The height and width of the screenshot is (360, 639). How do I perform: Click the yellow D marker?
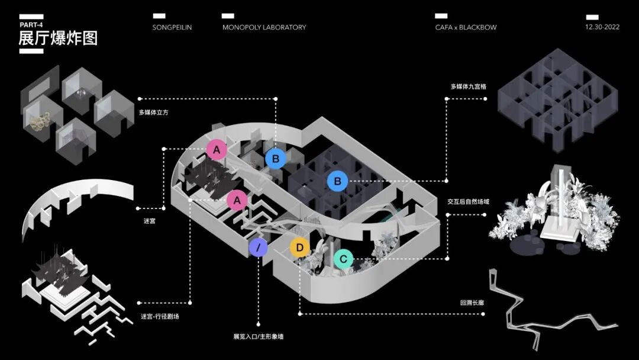pos(300,247)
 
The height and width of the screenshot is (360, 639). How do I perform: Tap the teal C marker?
pos(343,259)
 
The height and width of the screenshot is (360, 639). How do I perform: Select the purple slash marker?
pos(258,247)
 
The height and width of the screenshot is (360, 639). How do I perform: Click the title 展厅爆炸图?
pos(58,38)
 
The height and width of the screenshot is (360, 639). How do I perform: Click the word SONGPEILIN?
pos(172,27)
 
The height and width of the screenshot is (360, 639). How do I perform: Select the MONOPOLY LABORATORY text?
pos(264,27)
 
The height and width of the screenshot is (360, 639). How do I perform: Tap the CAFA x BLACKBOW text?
pos(466,27)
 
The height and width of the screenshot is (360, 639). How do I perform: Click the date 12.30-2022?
pos(602,27)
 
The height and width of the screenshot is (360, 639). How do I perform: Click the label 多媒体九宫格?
pos(468,86)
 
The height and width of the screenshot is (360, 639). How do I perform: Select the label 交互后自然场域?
pos(468,202)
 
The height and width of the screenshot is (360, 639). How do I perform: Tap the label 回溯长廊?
pos(472,303)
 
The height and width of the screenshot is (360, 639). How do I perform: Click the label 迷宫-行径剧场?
pos(160,316)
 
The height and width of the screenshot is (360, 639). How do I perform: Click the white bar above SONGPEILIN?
pos(159,16)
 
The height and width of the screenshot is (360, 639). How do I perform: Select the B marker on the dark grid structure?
pos(338,181)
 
